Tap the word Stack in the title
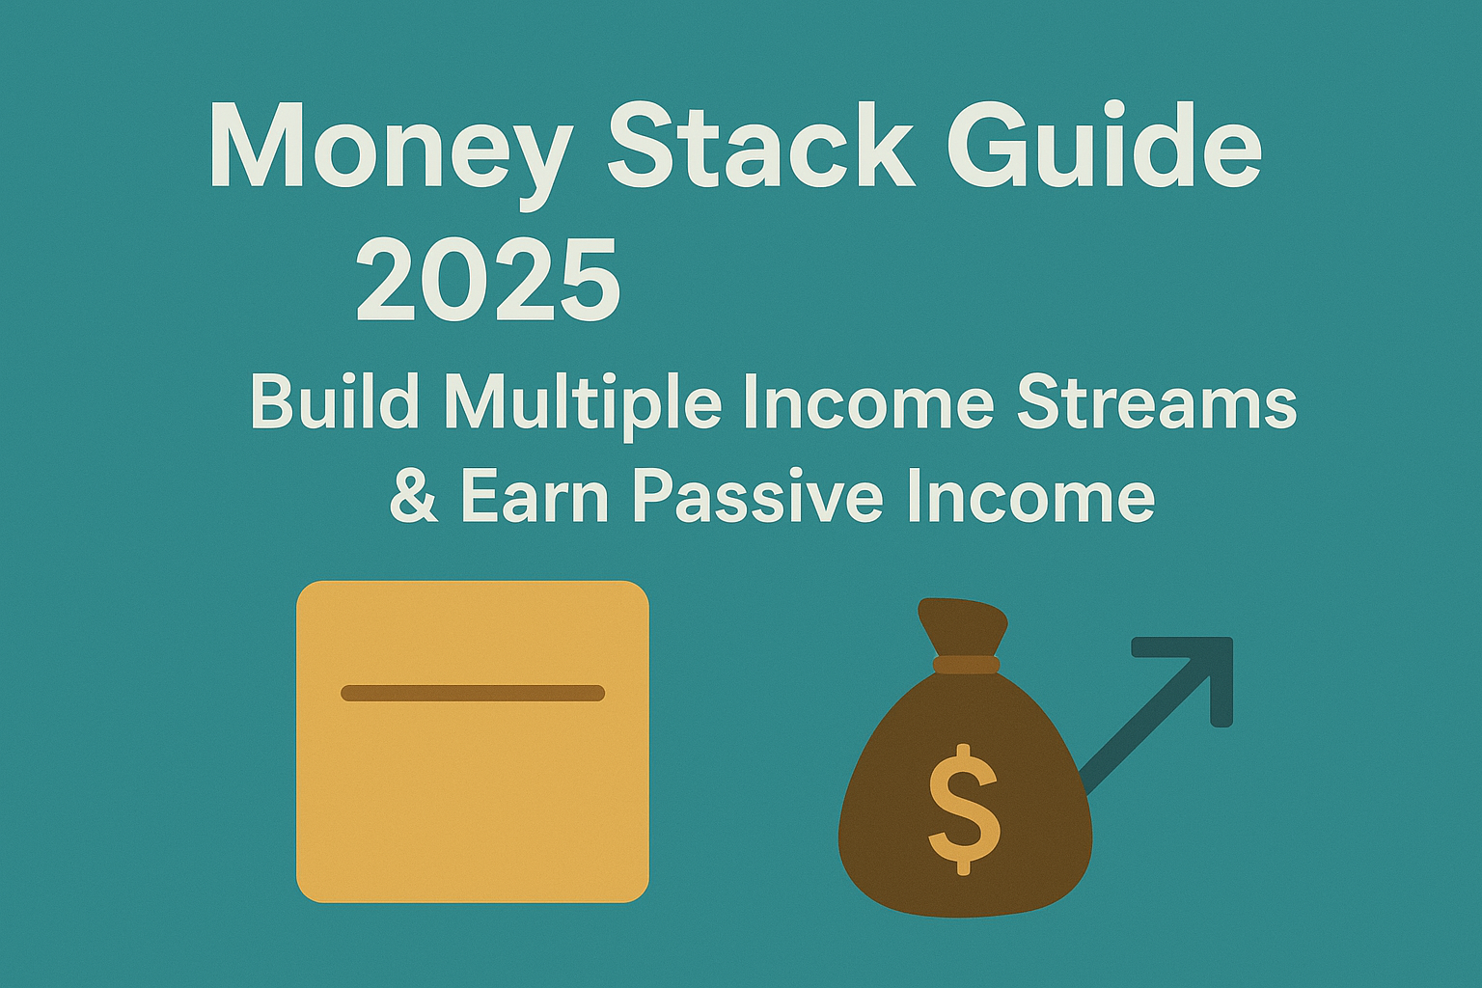(x=761, y=145)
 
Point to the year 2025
(x=489, y=281)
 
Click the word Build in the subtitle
(x=335, y=402)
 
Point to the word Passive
(x=758, y=501)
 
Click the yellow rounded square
(x=473, y=741)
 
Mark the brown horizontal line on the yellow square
(x=473, y=693)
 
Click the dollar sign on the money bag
(x=964, y=810)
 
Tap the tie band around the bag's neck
(x=966, y=665)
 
